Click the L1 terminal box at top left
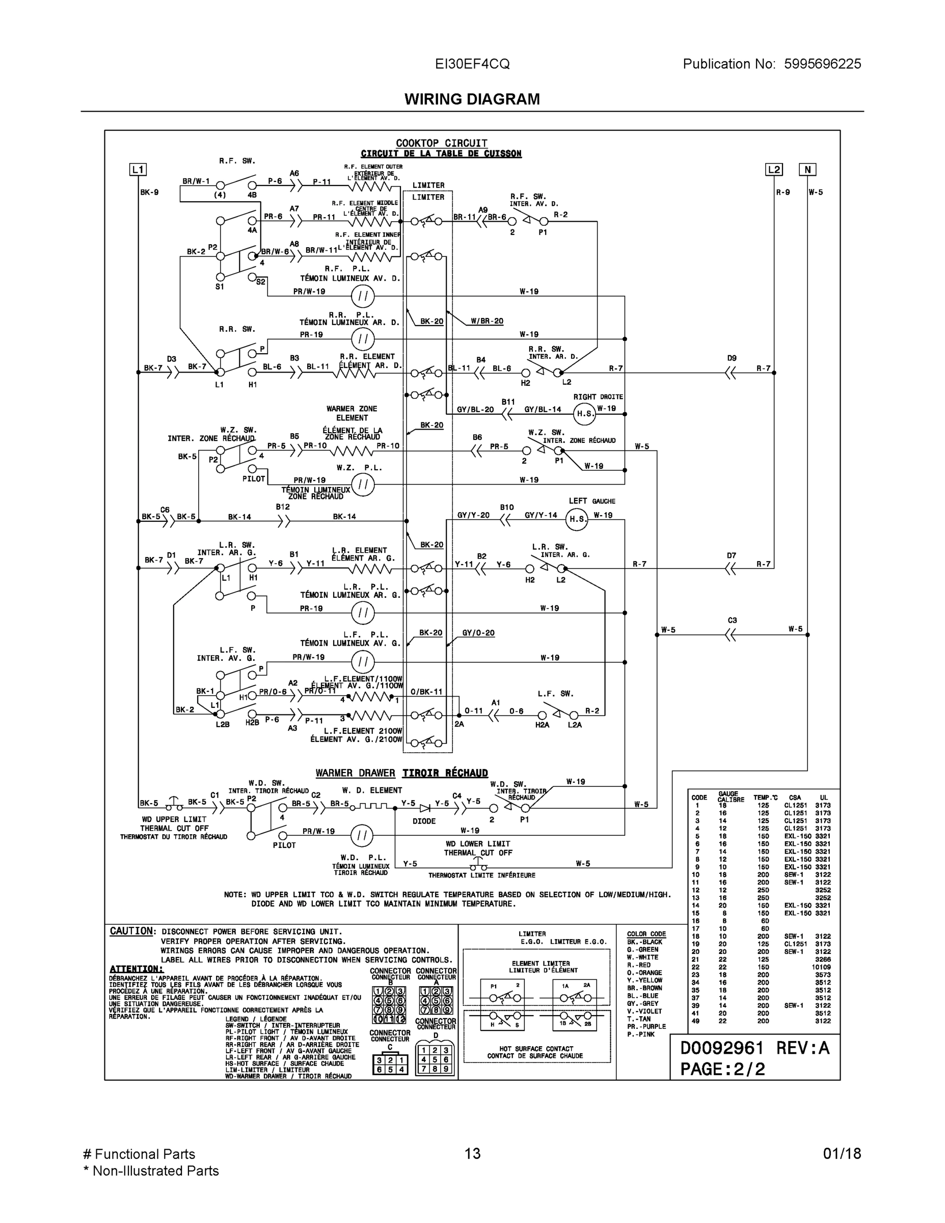click(x=138, y=170)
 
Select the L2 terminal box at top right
click(x=774, y=170)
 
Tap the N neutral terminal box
click(x=807, y=170)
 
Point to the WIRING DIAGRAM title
click(x=472, y=99)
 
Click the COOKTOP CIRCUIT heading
click(x=441, y=143)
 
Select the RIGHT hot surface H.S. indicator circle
click(x=585, y=413)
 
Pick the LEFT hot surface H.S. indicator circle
click(x=577, y=519)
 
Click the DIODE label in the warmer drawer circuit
click(x=424, y=821)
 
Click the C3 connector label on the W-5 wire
click(x=732, y=621)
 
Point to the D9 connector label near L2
click(x=732, y=358)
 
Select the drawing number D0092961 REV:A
click(x=754, y=1048)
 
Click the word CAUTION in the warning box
click(x=131, y=931)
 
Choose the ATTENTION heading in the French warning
click(x=136, y=969)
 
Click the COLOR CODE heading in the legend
click(x=646, y=934)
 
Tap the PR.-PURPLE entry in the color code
click(x=646, y=1026)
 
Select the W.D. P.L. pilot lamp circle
click(x=362, y=836)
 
